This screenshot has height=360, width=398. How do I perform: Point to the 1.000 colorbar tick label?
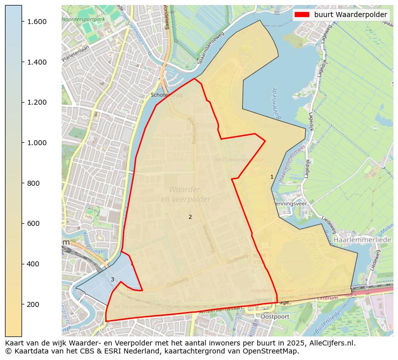click(37, 143)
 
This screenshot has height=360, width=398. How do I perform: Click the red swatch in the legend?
click(302, 15)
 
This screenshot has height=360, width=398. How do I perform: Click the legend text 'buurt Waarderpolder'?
click(350, 15)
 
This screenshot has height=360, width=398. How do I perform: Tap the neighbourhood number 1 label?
click(272, 177)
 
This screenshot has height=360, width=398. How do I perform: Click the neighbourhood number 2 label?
click(190, 217)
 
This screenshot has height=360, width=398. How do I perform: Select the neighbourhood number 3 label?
click(112, 279)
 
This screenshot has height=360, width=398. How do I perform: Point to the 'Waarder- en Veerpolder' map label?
click(185, 194)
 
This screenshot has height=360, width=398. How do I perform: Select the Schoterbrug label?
click(166, 95)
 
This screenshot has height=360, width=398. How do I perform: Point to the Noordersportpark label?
click(83, 19)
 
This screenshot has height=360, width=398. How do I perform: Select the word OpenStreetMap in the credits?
click(274, 350)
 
